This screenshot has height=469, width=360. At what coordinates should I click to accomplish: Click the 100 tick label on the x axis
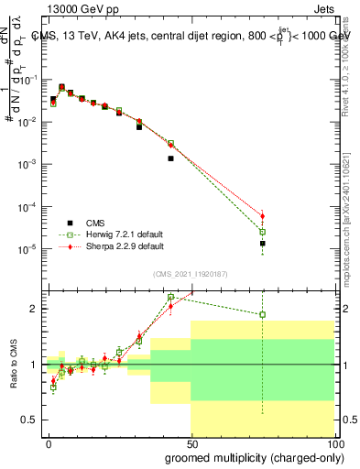(333, 444)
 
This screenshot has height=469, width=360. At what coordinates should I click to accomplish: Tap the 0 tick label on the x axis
(49, 444)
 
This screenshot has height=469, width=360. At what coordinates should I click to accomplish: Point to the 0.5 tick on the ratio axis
(30, 420)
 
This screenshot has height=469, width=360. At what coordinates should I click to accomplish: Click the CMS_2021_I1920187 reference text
(190, 273)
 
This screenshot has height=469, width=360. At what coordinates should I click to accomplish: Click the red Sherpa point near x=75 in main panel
(263, 216)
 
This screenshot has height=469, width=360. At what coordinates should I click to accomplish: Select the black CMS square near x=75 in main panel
(263, 244)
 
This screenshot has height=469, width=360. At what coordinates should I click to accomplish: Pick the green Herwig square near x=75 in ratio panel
(263, 314)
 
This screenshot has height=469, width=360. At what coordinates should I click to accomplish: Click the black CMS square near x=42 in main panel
(170, 158)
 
